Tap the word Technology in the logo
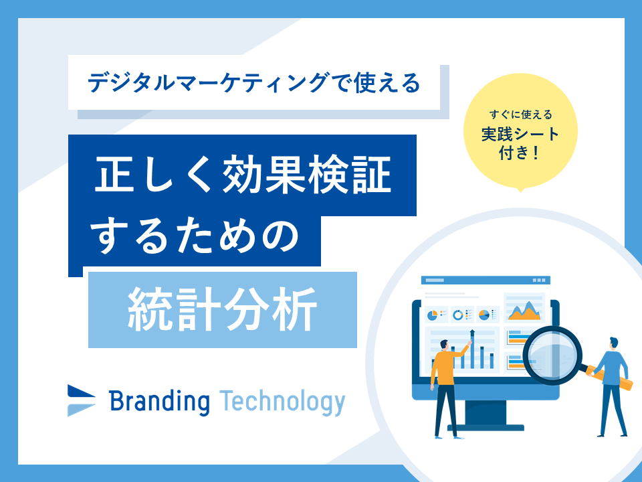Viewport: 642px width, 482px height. tap(282, 402)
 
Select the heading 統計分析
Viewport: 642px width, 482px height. tap(222, 309)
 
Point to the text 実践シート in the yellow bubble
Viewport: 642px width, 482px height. tap(520, 134)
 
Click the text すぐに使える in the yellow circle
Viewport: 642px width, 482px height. tap(521, 114)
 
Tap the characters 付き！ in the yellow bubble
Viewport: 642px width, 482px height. tap(519, 153)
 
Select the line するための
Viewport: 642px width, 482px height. tap(195, 238)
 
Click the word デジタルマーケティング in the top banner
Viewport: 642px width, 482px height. tap(208, 82)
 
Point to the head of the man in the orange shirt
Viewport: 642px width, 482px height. tap(444, 345)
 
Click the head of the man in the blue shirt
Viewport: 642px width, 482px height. tap(613, 343)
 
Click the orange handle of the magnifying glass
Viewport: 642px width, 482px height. tap(610, 379)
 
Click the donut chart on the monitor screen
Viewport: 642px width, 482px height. tap(457, 315)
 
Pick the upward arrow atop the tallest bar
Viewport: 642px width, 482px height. tap(472, 334)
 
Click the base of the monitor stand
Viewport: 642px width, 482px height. tap(486, 428)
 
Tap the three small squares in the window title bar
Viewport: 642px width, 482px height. tap(539, 280)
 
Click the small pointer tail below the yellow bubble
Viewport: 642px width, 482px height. tap(520, 189)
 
